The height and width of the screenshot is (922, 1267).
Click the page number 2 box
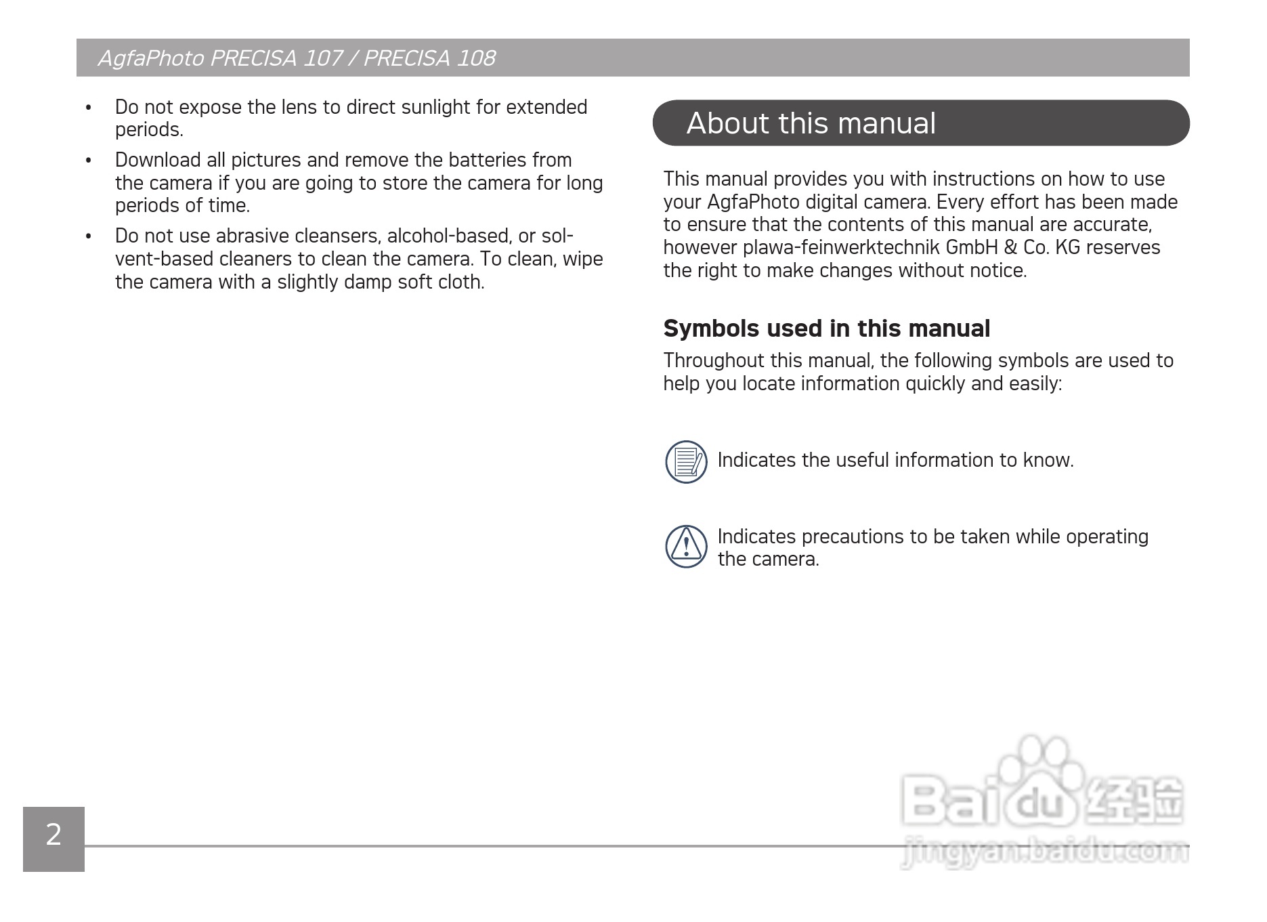tap(53, 838)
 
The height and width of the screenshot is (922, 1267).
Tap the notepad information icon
tap(686, 462)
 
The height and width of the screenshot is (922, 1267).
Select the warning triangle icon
tap(686, 546)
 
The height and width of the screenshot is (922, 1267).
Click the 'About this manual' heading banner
tap(920, 123)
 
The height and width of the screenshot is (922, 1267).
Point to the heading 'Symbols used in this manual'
tap(826, 329)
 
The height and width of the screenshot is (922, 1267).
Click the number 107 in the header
tap(322, 58)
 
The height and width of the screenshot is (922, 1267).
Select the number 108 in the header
tap(475, 58)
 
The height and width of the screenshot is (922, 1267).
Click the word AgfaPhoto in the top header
tap(150, 58)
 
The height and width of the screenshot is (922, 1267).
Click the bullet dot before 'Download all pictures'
tap(88, 161)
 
